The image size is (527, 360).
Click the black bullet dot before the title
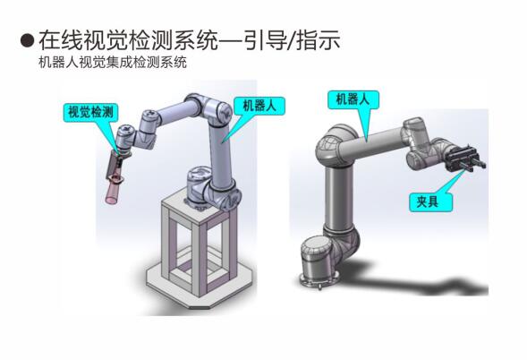pos(27,40)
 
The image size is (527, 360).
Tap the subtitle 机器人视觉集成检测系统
pos(113,63)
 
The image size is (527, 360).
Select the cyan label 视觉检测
pos(90,112)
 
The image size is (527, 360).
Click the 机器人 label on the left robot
pos(259,106)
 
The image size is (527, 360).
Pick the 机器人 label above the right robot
pos(353,99)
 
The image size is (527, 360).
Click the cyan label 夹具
pos(430,201)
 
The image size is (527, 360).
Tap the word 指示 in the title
pos(319,40)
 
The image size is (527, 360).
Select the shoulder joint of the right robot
pos(334,145)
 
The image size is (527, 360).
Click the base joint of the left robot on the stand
pos(201,187)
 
